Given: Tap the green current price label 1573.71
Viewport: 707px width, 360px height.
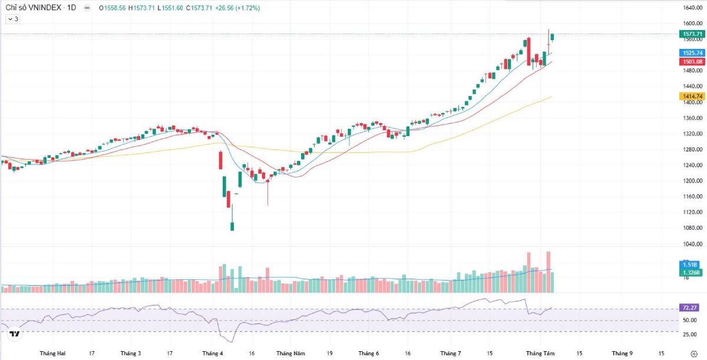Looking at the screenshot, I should [x=692, y=34].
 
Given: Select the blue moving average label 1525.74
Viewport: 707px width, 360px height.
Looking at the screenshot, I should [x=692, y=53].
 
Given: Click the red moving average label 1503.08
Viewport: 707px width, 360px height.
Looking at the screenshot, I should [x=692, y=62].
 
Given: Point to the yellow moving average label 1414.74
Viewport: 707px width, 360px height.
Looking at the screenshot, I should [x=692, y=96].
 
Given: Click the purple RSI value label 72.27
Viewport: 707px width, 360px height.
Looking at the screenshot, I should [x=689, y=308].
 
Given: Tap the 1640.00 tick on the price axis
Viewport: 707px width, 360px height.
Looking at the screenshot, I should [x=692, y=8].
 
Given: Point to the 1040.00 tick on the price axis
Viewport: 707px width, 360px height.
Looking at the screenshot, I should [x=692, y=243].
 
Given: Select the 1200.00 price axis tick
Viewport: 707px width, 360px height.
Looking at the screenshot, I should [x=692, y=181].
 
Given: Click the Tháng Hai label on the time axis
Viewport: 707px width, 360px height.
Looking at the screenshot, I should [x=52, y=354].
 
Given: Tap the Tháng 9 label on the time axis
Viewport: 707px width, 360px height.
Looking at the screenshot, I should [x=622, y=354].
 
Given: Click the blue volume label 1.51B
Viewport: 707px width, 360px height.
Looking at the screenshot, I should [x=689, y=265].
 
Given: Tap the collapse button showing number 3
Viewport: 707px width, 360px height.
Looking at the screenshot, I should [x=13, y=19].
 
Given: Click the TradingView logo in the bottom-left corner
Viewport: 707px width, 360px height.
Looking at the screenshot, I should [x=15, y=334].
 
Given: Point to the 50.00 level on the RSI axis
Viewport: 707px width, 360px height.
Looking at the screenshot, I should [x=689, y=320].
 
